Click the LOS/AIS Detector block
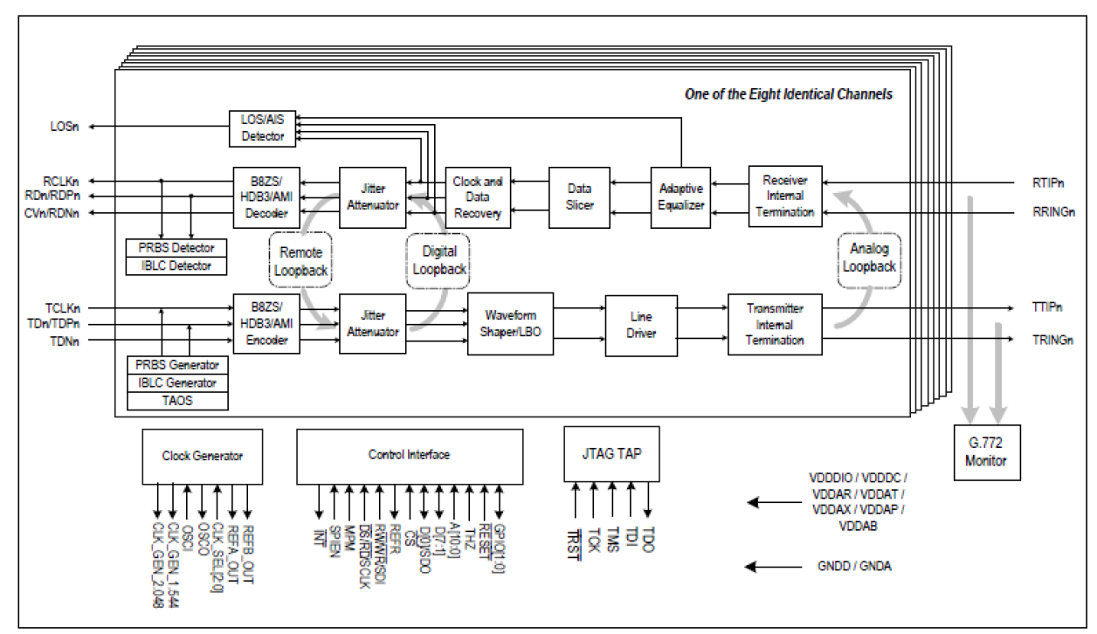(x=262, y=127)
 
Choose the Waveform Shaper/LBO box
(x=511, y=324)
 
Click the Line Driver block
(x=640, y=325)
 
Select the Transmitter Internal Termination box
(x=775, y=324)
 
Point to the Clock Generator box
(x=203, y=456)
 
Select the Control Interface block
(x=409, y=456)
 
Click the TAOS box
(x=178, y=401)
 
